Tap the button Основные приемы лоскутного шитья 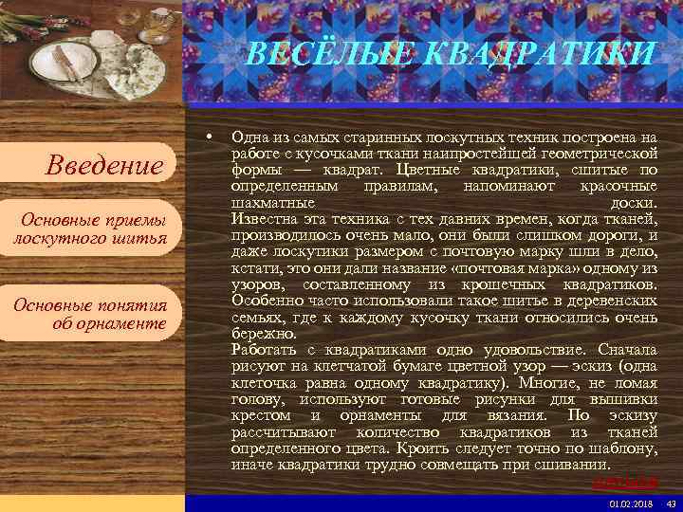click(90, 229)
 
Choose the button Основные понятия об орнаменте click(90, 314)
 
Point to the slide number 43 click(671, 503)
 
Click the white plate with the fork click(65, 62)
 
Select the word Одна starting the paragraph click(249, 138)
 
